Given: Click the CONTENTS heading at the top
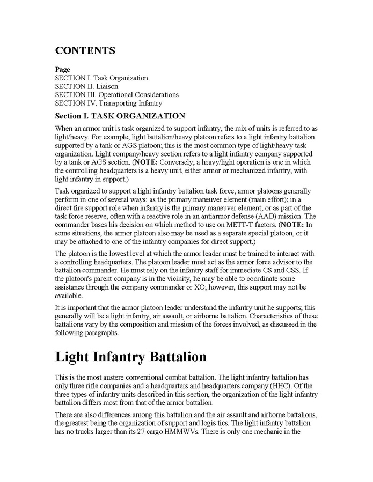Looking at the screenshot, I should [85, 51].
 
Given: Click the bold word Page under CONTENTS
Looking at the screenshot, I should [62, 70].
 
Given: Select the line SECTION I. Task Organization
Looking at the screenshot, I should [101, 78].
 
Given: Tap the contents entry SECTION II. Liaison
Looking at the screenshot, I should [86, 86].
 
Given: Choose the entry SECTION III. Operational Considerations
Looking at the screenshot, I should [116, 95].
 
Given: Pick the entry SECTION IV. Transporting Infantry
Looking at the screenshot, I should [108, 103].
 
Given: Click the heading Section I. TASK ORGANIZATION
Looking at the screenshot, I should [120, 116].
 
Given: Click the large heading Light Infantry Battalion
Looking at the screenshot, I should [130, 357].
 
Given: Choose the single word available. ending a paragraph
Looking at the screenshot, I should [69, 295].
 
